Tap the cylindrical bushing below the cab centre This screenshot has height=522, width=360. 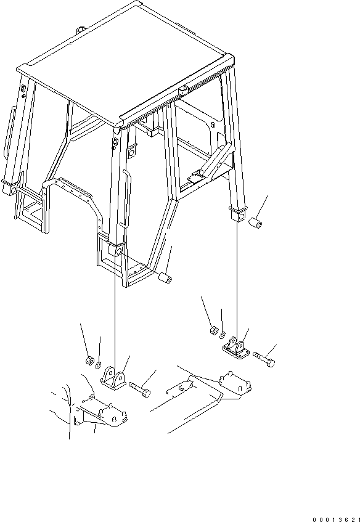pyautogui.click(x=164, y=278)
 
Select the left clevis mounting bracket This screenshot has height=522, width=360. pyautogui.click(x=113, y=378)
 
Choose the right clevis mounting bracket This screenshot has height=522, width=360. pyautogui.click(x=235, y=348)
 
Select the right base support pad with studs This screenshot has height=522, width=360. pyautogui.click(x=235, y=385)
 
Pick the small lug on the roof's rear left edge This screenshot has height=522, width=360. pyautogui.click(x=81, y=30)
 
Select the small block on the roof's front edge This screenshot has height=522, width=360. pyautogui.click(x=183, y=90)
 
